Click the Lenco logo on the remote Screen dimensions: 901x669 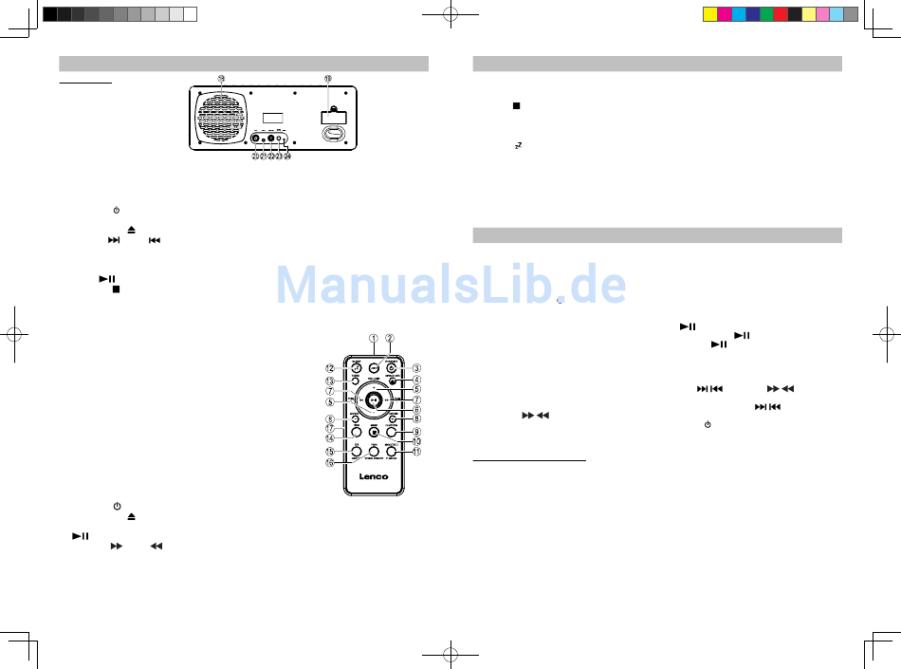(374, 476)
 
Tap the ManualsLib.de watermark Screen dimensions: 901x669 (451, 283)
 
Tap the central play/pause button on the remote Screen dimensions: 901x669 (375, 400)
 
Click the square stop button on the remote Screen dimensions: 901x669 (374, 429)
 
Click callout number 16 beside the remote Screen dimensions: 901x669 (330, 464)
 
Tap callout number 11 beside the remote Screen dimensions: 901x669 (415, 453)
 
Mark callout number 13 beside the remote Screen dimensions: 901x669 (330, 381)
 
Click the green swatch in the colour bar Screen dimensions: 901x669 (766, 14)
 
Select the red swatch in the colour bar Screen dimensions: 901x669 (781, 14)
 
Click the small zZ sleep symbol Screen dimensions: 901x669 (518, 146)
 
